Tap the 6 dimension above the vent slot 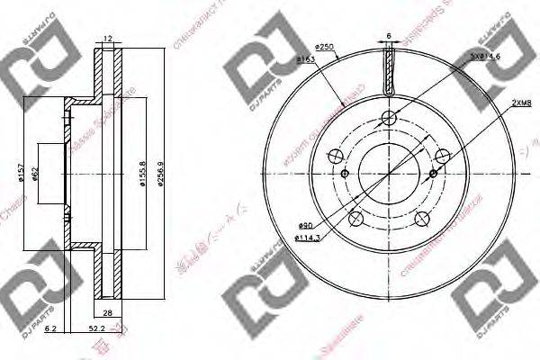tap(390, 36)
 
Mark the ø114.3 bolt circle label tap(307, 238)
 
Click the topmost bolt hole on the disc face tap(389, 117)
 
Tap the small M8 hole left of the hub tap(345, 172)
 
